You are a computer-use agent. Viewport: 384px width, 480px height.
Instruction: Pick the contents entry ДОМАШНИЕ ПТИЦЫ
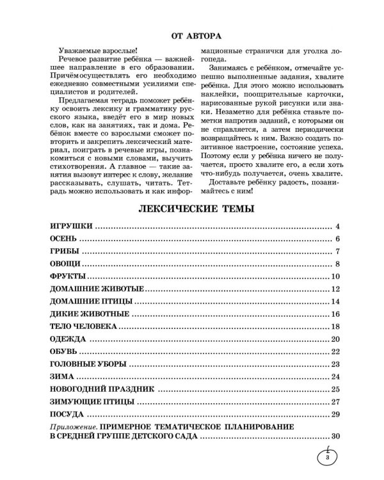coord(90,301)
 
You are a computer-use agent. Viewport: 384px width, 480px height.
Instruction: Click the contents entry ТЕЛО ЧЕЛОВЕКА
coord(83,326)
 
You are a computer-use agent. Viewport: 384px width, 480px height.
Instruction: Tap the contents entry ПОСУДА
coord(67,415)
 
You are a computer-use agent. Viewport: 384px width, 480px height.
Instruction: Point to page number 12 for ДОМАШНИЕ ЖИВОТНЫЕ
coord(334,289)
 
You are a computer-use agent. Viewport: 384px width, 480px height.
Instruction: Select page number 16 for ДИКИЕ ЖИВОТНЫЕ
coord(334,314)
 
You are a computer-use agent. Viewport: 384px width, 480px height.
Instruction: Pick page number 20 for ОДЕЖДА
coord(334,339)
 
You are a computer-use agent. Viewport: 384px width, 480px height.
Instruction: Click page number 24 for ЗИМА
coord(334,377)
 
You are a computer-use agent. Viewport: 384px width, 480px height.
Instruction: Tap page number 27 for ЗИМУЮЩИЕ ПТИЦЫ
coord(334,402)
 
